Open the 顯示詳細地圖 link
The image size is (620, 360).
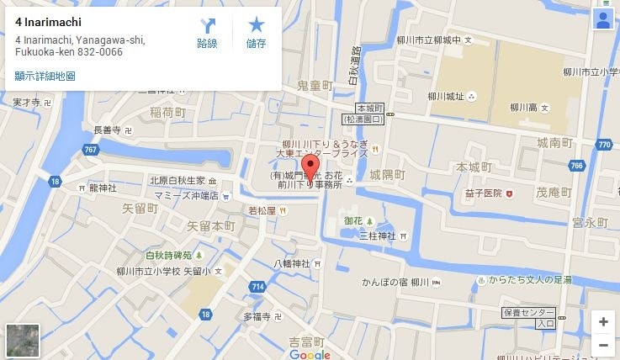click(x=45, y=76)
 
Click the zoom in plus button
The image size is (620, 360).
click(x=602, y=321)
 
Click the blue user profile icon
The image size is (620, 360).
click(x=602, y=21)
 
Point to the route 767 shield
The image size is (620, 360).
click(x=90, y=149)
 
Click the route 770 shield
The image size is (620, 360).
click(x=603, y=145)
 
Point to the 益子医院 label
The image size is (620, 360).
click(x=479, y=193)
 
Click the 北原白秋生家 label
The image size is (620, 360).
click(x=178, y=180)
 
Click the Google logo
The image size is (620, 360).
click(x=310, y=354)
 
